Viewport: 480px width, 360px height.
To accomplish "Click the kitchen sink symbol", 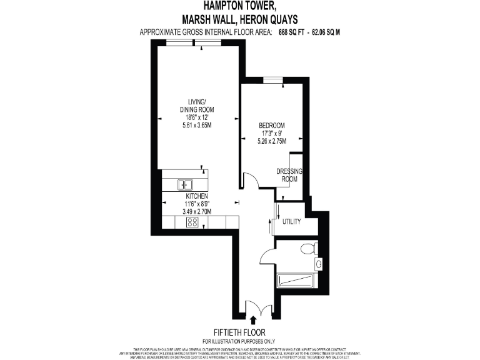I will point(186,184).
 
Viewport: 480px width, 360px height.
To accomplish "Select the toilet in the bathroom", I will point(307,249).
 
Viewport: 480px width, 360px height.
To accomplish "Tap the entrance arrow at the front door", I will point(252,319).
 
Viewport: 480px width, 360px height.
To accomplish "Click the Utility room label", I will point(292,222).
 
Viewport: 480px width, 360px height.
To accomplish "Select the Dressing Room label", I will point(289,176).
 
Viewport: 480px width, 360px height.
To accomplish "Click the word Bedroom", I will point(272,125).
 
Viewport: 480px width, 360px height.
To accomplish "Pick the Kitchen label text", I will point(196,196).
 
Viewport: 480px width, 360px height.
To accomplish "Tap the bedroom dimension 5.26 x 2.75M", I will point(272,141).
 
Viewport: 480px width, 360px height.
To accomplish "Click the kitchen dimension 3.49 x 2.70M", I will point(196,211).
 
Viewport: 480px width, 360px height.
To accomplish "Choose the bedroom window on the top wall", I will point(272,79).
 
